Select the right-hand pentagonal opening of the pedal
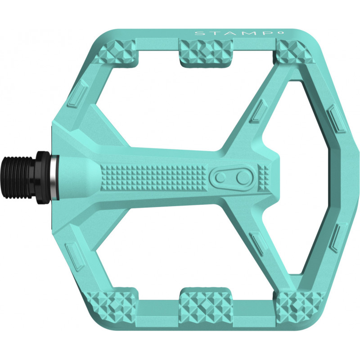coord(310,180)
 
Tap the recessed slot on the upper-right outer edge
coord(335,119)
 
